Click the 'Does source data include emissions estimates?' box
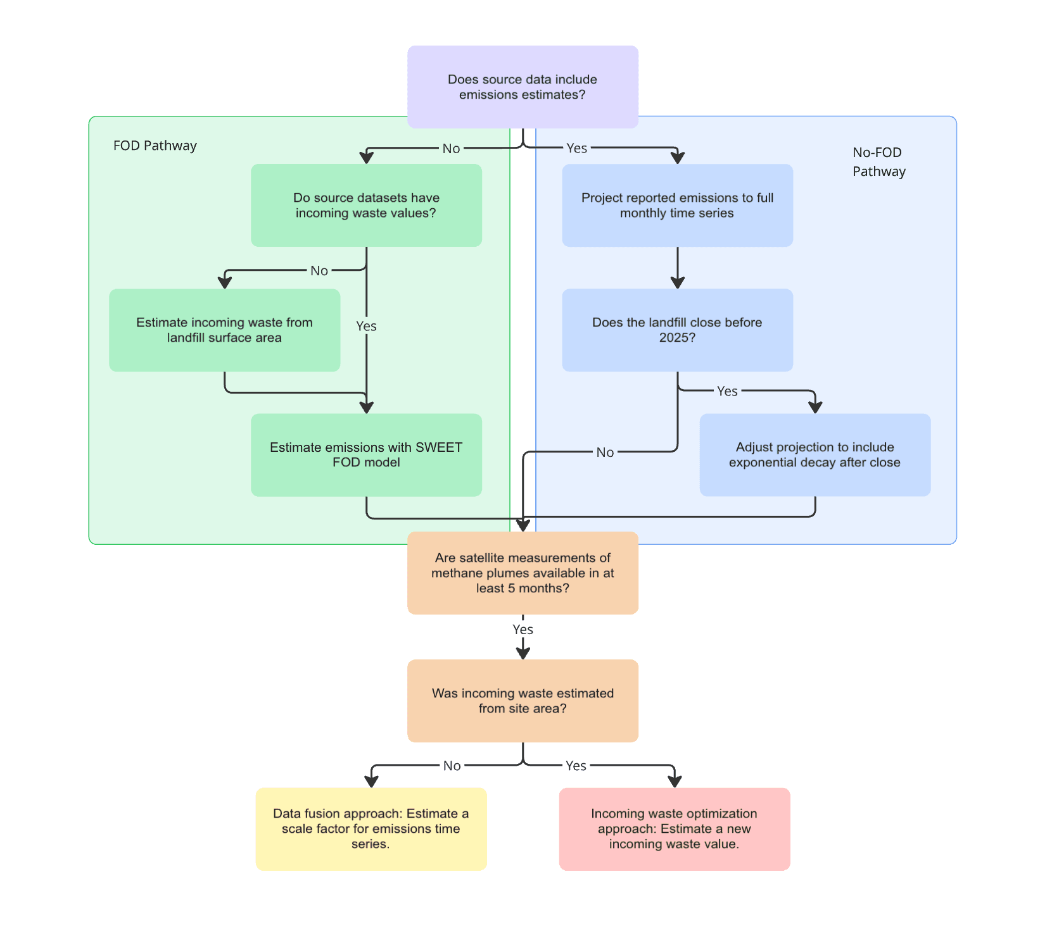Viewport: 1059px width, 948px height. [x=523, y=87]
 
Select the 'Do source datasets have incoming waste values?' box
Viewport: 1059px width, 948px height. [x=366, y=205]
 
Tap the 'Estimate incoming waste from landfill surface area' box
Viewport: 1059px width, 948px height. [x=224, y=330]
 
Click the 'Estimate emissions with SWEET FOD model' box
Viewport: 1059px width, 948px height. [x=366, y=454]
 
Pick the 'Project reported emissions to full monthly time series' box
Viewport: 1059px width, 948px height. [x=677, y=205]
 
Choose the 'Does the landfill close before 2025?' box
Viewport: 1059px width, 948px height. [x=677, y=330]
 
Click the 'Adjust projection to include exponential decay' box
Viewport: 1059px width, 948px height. [x=815, y=454]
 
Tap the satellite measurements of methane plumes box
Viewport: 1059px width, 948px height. [x=523, y=573]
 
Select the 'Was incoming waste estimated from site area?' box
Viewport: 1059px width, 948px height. [x=523, y=701]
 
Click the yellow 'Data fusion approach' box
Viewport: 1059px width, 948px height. [x=371, y=828]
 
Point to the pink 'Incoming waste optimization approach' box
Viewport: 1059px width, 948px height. [x=674, y=828]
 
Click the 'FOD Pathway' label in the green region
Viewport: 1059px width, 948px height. [x=155, y=146]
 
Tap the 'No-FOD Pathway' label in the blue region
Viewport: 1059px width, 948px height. [x=878, y=161]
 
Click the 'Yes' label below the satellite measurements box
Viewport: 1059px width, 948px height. [x=523, y=629]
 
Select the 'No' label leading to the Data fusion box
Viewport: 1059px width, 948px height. [x=452, y=766]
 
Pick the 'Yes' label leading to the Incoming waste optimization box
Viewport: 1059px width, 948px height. [x=576, y=766]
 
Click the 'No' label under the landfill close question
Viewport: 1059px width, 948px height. [x=605, y=452]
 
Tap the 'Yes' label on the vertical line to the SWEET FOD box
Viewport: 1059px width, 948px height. [x=366, y=326]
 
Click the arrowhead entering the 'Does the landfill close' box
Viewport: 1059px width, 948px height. [x=678, y=282]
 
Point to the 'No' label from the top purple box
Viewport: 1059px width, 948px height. [x=451, y=148]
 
